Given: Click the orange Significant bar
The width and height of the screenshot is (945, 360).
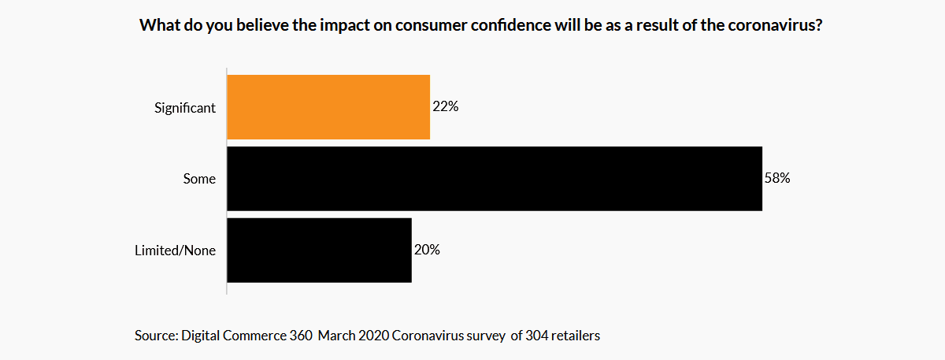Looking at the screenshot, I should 328,107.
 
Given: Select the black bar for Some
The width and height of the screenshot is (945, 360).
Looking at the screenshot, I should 495,179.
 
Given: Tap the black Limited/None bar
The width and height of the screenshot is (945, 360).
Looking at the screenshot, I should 319,251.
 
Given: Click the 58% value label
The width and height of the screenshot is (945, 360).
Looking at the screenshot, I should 777,179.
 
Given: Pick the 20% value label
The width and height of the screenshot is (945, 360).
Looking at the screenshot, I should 427,251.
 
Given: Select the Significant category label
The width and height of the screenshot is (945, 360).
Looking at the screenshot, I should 185,108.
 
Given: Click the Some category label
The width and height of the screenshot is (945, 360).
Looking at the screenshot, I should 200,180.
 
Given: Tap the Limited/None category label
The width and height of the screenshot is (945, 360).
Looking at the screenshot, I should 176,251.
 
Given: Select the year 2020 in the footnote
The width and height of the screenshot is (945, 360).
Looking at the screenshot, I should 371,336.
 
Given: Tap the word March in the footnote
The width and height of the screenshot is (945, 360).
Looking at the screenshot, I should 335,336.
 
